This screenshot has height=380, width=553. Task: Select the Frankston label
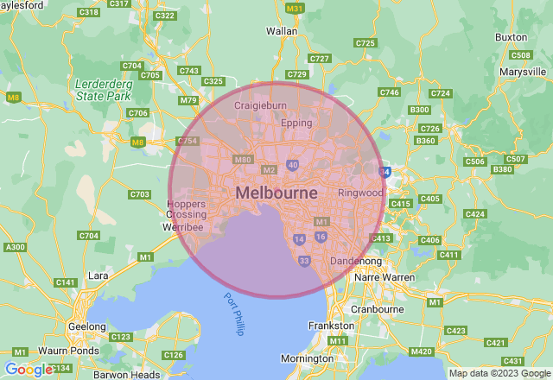(331, 326)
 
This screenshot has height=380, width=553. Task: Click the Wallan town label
(282, 31)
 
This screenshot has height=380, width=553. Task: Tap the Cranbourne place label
(378, 308)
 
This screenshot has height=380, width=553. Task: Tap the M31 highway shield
(295, 9)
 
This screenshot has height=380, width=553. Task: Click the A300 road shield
(15, 248)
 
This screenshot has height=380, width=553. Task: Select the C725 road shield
(365, 42)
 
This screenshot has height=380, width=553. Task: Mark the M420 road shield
(422, 351)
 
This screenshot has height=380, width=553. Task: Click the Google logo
(28, 370)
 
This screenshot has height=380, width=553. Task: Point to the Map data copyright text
(499, 374)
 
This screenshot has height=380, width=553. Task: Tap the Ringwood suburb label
(360, 193)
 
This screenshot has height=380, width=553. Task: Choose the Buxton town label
(511, 37)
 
